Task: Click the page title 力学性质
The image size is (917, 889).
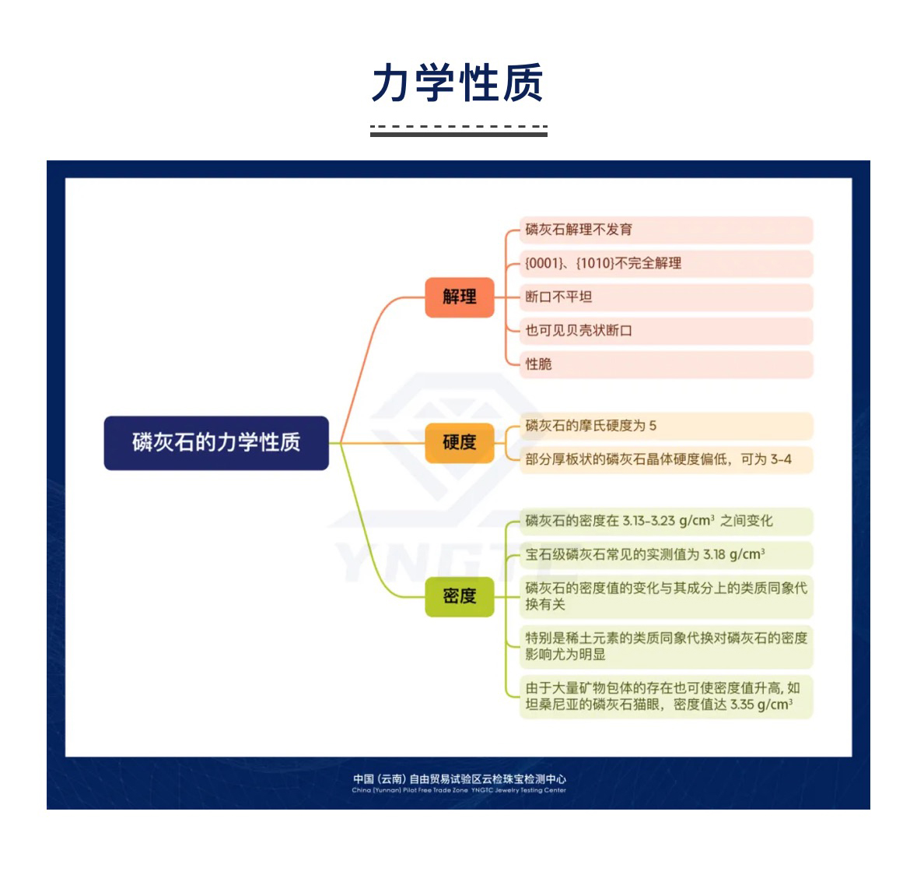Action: (x=457, y=83)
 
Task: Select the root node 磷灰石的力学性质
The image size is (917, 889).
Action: (x=216, y=443)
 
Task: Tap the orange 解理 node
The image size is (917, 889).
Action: (x=460, y=297)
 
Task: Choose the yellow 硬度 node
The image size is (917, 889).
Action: (x=460, y=442)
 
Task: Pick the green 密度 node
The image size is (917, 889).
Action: (x=460, y=596)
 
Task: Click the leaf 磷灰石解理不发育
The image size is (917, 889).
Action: (x=579, y=230)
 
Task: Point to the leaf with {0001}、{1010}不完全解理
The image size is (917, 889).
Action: (x=603, y=263)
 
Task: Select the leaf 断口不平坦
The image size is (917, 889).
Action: (x=558, y=297)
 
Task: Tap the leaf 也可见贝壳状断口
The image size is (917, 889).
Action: (x=579, y=330)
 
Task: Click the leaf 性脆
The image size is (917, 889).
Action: (x=538, y=364)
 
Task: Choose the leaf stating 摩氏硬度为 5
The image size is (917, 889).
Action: (x=591, y=426)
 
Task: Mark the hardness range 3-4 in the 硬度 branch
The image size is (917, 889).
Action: (x=781, y=459)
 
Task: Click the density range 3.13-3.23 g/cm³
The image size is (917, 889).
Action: (x=668, y=521)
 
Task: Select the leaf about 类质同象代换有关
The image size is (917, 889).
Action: (x=666, y=596)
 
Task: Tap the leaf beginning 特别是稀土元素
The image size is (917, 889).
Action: (x=666, y=646)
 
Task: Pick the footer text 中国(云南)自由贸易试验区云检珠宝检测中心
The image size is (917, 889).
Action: (x=459, y=778)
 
